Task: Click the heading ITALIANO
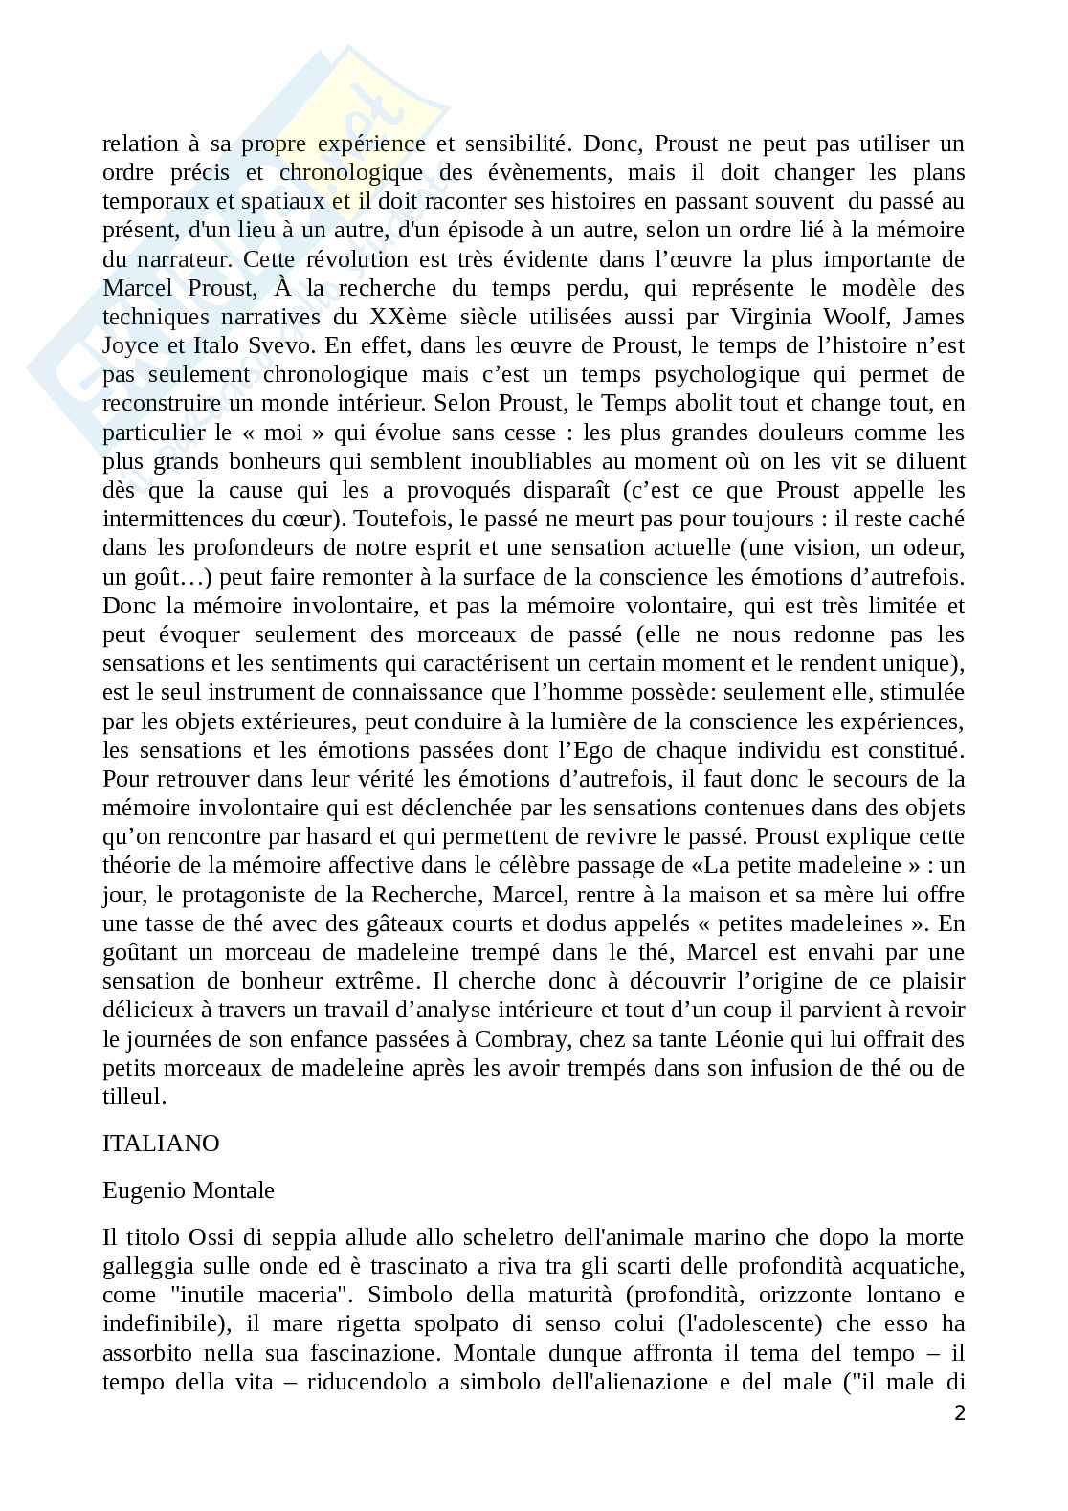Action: coord(161,1144)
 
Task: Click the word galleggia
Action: coord(147,1267)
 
